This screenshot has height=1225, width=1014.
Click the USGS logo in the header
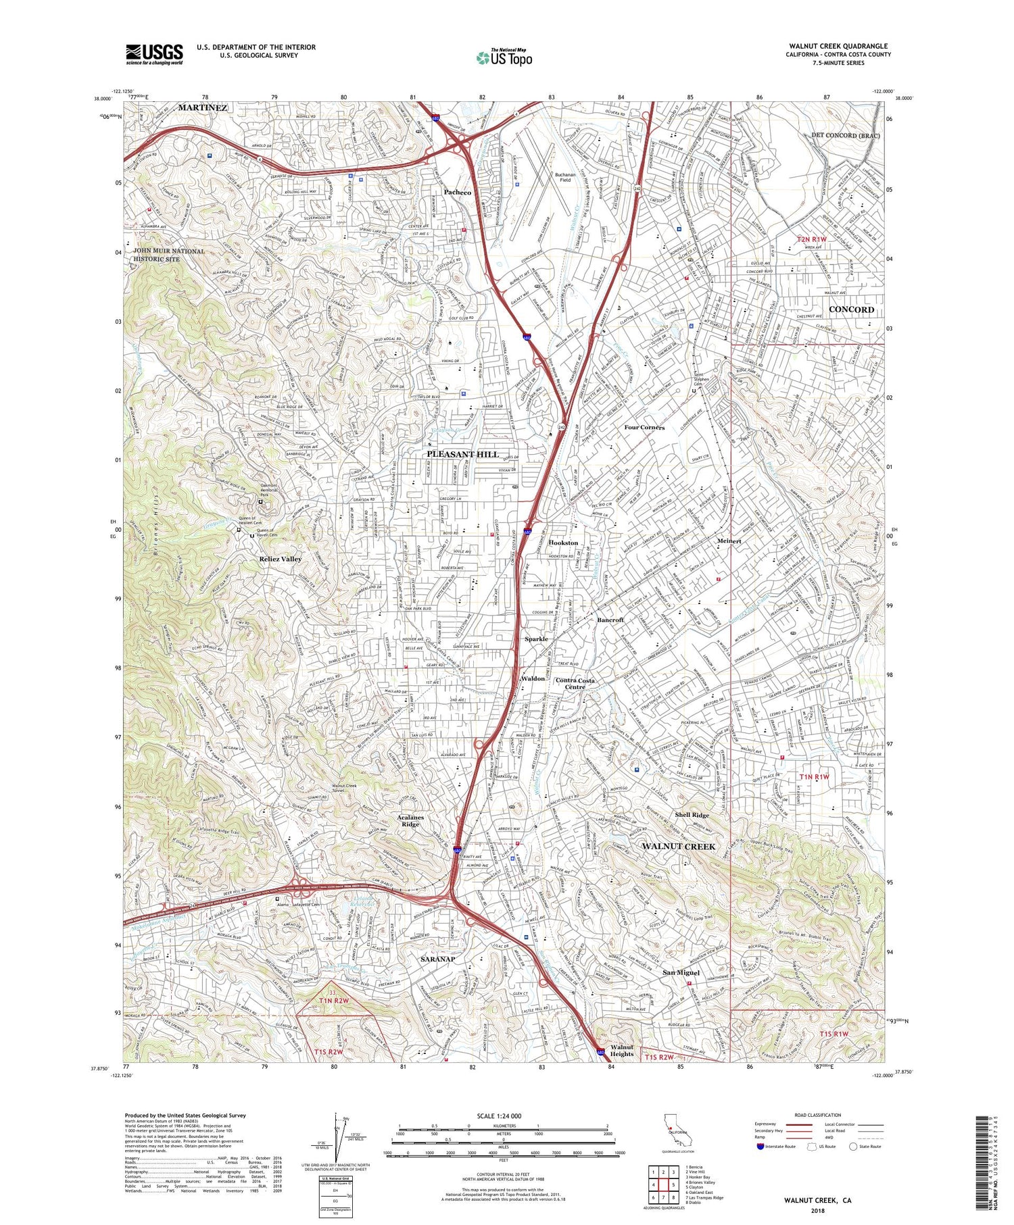[154, 54]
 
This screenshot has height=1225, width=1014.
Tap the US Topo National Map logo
[504, 57]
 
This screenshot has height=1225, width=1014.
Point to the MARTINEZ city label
[203, 108]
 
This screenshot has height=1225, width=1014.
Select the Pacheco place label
[458, 193]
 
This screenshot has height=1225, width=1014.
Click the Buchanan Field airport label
[568, 177]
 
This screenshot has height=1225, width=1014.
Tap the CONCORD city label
[851, 309]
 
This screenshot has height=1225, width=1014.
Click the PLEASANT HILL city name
[462, 454]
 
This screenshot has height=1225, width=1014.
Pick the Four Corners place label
[644, 428]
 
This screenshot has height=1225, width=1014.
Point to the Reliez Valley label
[281, 559]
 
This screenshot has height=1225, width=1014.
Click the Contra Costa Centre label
[575, 684]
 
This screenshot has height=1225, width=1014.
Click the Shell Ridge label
[692, 815]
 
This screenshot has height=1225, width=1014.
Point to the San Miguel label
[681, 972]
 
